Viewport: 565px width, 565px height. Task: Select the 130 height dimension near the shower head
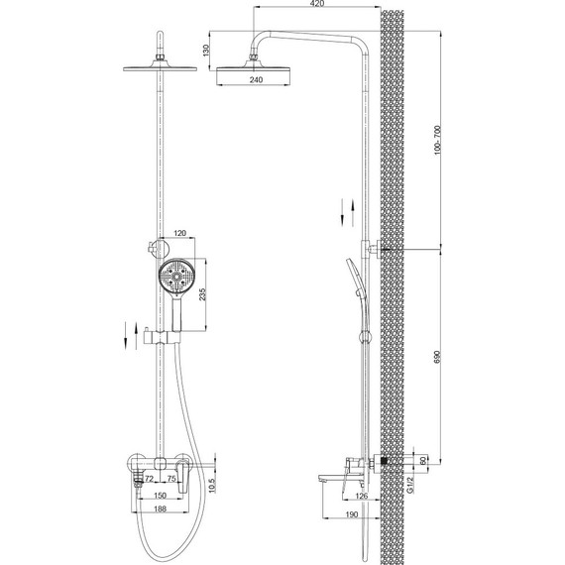coord(204,53)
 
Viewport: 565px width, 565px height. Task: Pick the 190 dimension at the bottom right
coord(351,515)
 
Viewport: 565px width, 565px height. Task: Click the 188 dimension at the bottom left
coord(160,509)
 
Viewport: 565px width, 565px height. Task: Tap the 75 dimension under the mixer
coord(171,480)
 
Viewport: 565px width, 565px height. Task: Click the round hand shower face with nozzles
coord(175,276)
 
